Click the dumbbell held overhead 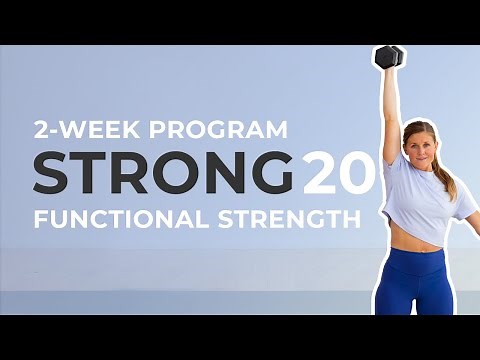389,57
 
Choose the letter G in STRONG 272,174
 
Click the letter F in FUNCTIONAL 40,219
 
